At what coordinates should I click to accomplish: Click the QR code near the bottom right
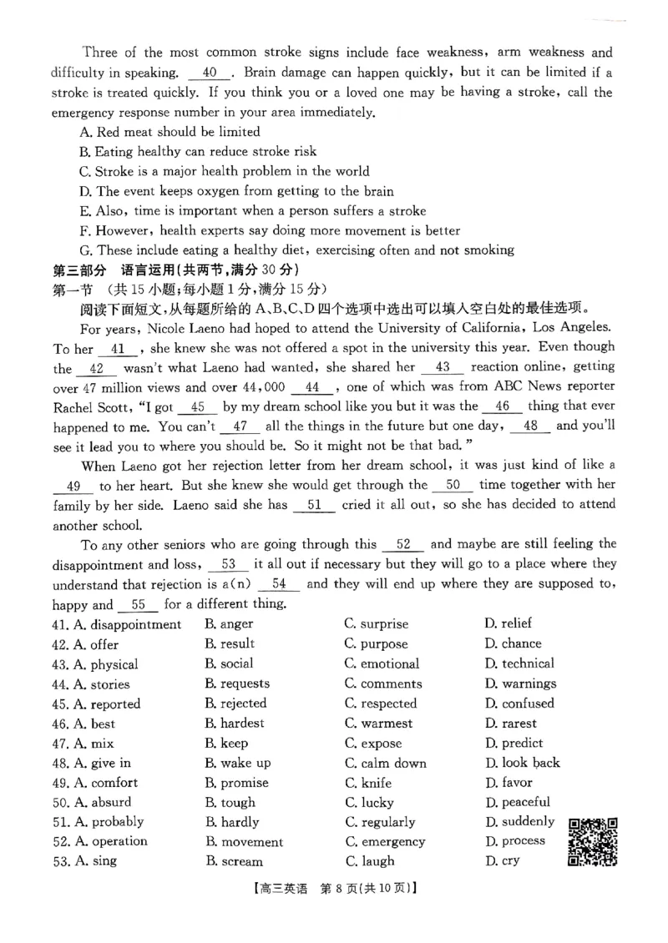pyautogui.click(x=593, y=841)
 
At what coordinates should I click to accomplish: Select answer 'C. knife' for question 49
pyautogui.click(x=367, y=783)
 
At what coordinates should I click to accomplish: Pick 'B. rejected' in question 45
pyautogui.click(x=235, y=703)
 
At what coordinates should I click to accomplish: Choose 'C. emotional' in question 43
pyautogui.click(x=382, y=664)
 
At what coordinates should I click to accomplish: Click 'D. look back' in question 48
pyautogui.click(x=522, y=763)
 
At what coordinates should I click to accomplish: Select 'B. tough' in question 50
pyautogui.click(x=230, y=803)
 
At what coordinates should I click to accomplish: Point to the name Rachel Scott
pyautogui.click(x=89, y=407)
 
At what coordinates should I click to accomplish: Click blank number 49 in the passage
pyautogui.click(x=73, y=486)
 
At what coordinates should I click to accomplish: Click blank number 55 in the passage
pyautogui.click(x=139, y=605)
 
